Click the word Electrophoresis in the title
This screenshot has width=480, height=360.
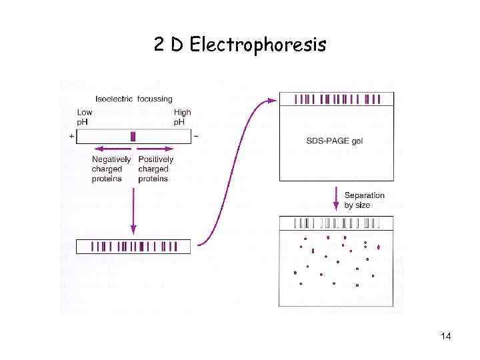(258, 45)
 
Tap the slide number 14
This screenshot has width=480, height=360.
(446, 336)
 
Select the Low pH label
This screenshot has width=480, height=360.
(85, 117)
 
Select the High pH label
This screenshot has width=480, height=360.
(182, 117)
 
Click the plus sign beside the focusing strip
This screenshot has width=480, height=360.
(71, 136)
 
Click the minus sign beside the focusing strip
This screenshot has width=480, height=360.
(195, 136)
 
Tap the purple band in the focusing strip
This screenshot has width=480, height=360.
(133, 137)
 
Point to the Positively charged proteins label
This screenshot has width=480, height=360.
(155, 169)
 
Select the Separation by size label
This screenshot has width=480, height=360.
(364, 200)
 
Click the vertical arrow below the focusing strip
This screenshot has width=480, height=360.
(133, 210)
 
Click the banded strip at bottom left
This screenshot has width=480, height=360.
(133, 247)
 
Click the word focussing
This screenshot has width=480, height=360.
(154, 100)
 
